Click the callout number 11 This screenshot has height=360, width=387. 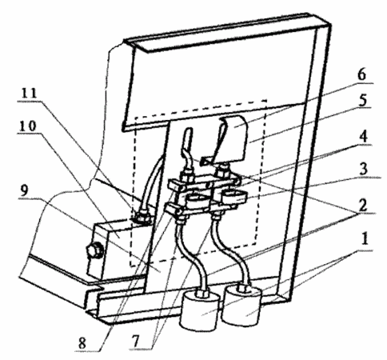[x=29, y=93]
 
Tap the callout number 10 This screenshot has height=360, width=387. [x=27, y=126]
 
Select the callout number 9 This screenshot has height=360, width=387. [x=24, y=190]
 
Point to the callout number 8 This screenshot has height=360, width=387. [x=82, y=343]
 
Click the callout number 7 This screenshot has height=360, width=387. [x=136, y=341]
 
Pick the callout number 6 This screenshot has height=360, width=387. [x=361, y=75]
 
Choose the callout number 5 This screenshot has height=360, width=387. [x=362, y=100]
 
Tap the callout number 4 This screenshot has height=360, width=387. [x=364, y=137]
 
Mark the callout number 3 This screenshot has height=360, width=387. [x=364, y=170]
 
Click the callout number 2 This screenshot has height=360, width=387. [x=362, y=206]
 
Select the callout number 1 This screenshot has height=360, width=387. [x=365, y=238]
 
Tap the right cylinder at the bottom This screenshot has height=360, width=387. [x=242, y=305]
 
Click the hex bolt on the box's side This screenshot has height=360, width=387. [x=94, y=250]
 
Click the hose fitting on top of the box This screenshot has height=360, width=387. [x=142, y=217]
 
